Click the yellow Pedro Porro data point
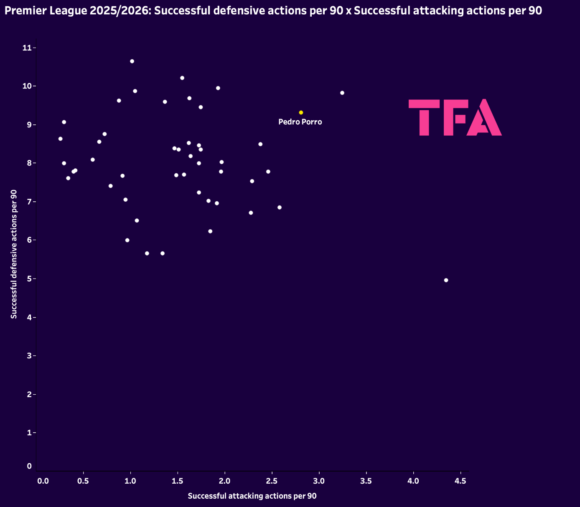point(301,112)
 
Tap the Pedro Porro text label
point(300,122)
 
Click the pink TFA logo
point(455,117)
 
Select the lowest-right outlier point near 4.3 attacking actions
point(446,280)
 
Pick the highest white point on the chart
point(132,61)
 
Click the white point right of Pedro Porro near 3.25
point(342,93)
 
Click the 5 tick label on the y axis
point(29,279)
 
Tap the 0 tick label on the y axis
point(29,466)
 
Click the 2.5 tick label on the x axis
point(272,481)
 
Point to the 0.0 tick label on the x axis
point(43,481)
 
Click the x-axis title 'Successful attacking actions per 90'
point(252,496)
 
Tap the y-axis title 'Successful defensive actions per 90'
point(14,254)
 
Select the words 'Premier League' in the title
point(46,11)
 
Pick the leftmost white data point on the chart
point(60,139)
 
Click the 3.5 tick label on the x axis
point(366,481)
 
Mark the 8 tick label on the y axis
point(29,163)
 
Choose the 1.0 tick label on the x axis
point(130,481)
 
